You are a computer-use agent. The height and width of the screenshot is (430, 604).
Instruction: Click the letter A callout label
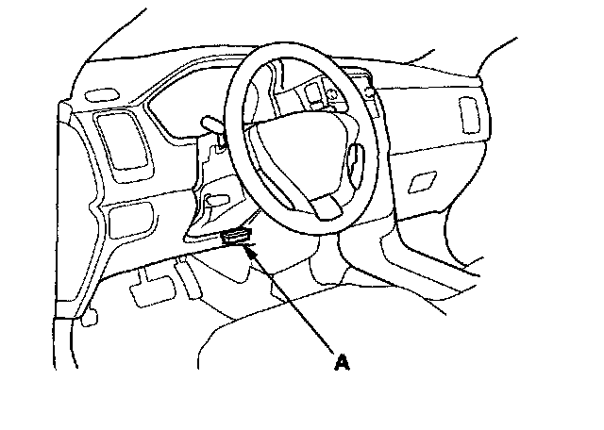click(342, 363)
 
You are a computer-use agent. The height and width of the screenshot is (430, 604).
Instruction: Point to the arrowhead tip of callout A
click(244, 245)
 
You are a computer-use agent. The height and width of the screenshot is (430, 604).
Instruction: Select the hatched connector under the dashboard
click(237, 237)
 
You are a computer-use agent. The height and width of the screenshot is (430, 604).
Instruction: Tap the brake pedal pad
click(153, 290)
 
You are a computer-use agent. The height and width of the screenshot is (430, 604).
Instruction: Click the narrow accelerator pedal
click(188, 278)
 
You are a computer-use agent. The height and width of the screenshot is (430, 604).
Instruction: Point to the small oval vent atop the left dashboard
click(102, 95)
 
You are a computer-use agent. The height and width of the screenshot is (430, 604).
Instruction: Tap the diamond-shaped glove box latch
click(422, 182)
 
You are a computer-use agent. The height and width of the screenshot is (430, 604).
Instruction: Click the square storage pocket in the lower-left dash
click(131, 221)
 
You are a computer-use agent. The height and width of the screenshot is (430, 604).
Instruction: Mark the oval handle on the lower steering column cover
click(217, 200)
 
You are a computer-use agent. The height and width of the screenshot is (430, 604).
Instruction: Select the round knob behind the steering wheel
click(331, 94)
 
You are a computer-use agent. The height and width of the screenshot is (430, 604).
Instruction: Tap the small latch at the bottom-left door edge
click(90, 318)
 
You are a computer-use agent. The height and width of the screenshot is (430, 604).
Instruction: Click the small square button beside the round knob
click(310, 92)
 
